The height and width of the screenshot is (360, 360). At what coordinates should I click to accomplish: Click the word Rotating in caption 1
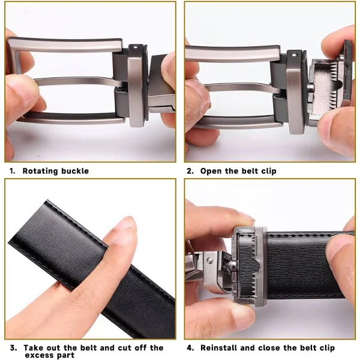[x=40, y=171]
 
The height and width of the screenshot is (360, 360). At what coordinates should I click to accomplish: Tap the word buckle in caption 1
[x=75, y=171]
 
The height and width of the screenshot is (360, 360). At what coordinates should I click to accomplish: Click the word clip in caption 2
[x=269, y=171]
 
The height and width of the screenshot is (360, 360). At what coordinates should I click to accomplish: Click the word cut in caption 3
[x=125, y=348]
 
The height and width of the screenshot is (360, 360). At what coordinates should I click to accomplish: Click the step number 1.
[x=12, y=171]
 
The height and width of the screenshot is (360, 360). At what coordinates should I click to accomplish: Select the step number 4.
[x=190, y=348]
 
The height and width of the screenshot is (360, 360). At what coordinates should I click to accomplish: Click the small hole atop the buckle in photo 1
[x=136, y=48]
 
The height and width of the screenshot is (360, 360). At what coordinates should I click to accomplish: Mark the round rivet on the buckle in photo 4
[x=209, y=260]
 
